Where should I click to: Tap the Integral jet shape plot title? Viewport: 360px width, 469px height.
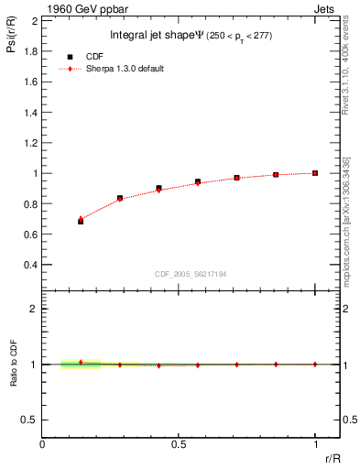(x=187, y=36)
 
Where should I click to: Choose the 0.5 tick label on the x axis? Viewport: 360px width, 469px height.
(x=179, y=444)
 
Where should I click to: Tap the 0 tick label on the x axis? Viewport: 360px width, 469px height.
(x=42, y=444)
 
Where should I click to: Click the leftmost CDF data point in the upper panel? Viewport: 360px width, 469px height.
(x=81, y=222)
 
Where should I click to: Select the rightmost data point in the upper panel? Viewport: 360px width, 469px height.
(x=315, y=173)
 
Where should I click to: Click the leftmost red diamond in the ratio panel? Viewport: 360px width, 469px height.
(x=81, y=362)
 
